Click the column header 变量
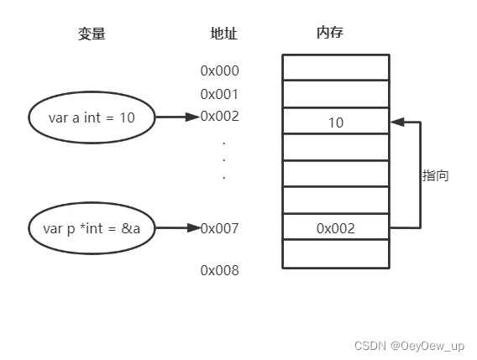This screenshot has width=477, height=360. (92, 34)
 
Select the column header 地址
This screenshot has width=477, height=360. (224, 33)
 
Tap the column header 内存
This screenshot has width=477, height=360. (330, 32)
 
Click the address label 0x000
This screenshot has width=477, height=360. (220, 70)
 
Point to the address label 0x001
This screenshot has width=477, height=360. (219, 94)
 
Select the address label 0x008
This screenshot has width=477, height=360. (220, 270)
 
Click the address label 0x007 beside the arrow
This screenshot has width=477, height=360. (220, 228)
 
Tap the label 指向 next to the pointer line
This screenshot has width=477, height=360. (435, 175)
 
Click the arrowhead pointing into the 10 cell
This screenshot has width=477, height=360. (397, 122)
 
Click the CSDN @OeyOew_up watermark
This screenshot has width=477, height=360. (410, 346)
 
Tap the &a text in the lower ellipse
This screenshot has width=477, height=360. (130, 228)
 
